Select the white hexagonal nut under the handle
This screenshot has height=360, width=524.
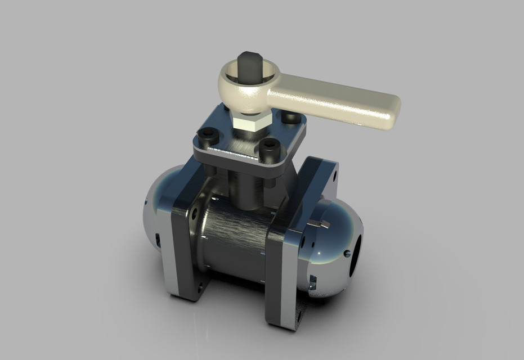(x=248, y=120)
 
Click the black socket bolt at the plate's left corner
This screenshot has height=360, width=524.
(x=208, y=136)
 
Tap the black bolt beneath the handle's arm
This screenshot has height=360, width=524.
(x=290, y=117)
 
